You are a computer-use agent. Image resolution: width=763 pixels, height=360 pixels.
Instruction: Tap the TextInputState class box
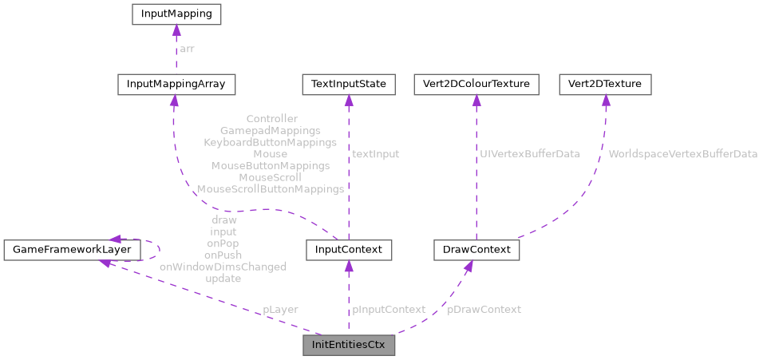pyautogui.click(x=347, y=84)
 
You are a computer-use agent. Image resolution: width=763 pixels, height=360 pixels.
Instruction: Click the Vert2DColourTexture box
pyautogui.click(x=476, y=84)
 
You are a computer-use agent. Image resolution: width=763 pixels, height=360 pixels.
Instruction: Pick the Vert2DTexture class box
pyautogui.click(x=605, y=84)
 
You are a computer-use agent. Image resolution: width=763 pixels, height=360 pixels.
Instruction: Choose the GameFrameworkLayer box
pyautogui.click(x=72, y=250)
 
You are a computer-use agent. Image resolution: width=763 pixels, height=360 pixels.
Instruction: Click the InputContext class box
pyautogui.click(x=348, y=250)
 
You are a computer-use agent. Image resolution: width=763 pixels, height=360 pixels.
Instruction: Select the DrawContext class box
pyautogui.click(x=476, y=250)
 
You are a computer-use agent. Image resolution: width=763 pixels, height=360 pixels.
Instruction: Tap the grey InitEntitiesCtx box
pyautogui.click(x=348, y=347)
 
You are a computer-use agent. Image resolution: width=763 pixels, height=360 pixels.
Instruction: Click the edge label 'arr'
pyautogui.click(x=187, y=49)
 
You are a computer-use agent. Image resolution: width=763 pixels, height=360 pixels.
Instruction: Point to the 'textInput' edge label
pyautogui.click(x=376, y=154)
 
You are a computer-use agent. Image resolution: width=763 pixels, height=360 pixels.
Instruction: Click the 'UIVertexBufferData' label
pyautogui.click(x=530, y=152)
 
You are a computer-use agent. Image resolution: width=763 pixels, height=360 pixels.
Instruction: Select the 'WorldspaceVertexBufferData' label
pyautogui.click(x=682, y=154)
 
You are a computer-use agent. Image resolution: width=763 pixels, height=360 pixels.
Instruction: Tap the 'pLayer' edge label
pyautogui.click(x=281, y=309)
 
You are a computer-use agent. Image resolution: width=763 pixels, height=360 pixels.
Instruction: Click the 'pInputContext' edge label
pyautogui.click(x=389, y=309)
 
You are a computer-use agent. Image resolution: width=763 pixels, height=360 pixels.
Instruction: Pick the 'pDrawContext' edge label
pyautogui.click(x=484, y=309)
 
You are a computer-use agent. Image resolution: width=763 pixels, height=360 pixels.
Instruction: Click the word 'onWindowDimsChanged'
pyautogui.click(x=223, y=267)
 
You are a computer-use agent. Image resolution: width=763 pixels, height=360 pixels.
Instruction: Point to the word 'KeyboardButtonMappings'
pyautogui.click(x=270, y=142)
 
